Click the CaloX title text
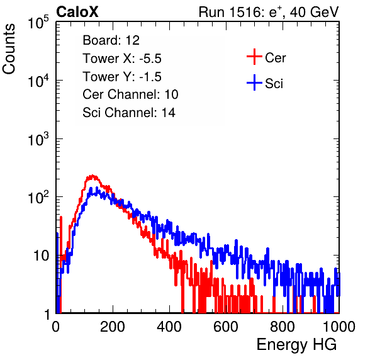coord(77,12)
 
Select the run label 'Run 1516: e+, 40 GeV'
coord(269,12)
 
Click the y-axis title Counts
coord(9,49)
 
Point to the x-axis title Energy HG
coord(296,345)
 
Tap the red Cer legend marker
coord(254,57)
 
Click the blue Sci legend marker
coord(254,83)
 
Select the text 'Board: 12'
coord(111,40)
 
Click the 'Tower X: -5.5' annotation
coord(122,59)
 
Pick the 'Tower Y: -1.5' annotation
coord(122,77)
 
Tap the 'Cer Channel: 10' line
coord(130,94)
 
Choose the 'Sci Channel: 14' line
coord(129,113)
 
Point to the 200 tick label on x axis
coord(113,327)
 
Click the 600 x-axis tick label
coord(226,327)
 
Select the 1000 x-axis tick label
coord(339,327)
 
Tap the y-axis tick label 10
coord(41,256)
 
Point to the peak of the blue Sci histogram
coord(97,188)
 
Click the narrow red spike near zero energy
coord(61,239)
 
